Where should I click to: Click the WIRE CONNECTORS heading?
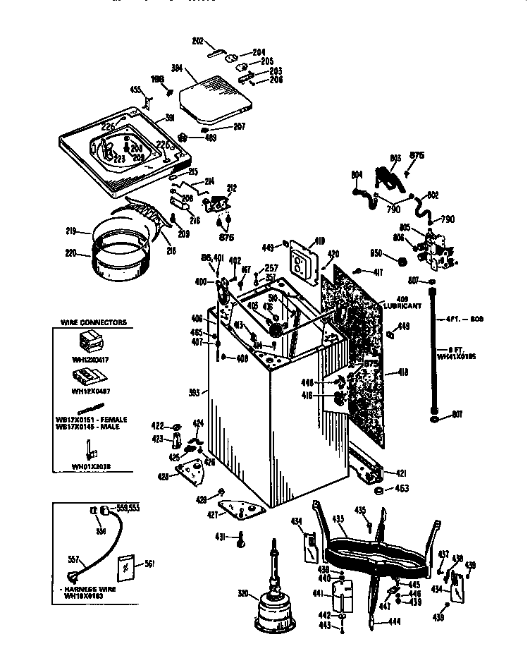click(x=93, y=322)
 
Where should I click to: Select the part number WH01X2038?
click(x=91, y=466)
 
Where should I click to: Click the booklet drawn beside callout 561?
click(x=125, y=565)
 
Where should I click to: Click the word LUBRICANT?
click(x=403, y=306)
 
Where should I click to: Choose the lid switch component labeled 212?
click(x=216, y=204)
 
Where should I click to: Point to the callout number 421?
click(x=400, y=473)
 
